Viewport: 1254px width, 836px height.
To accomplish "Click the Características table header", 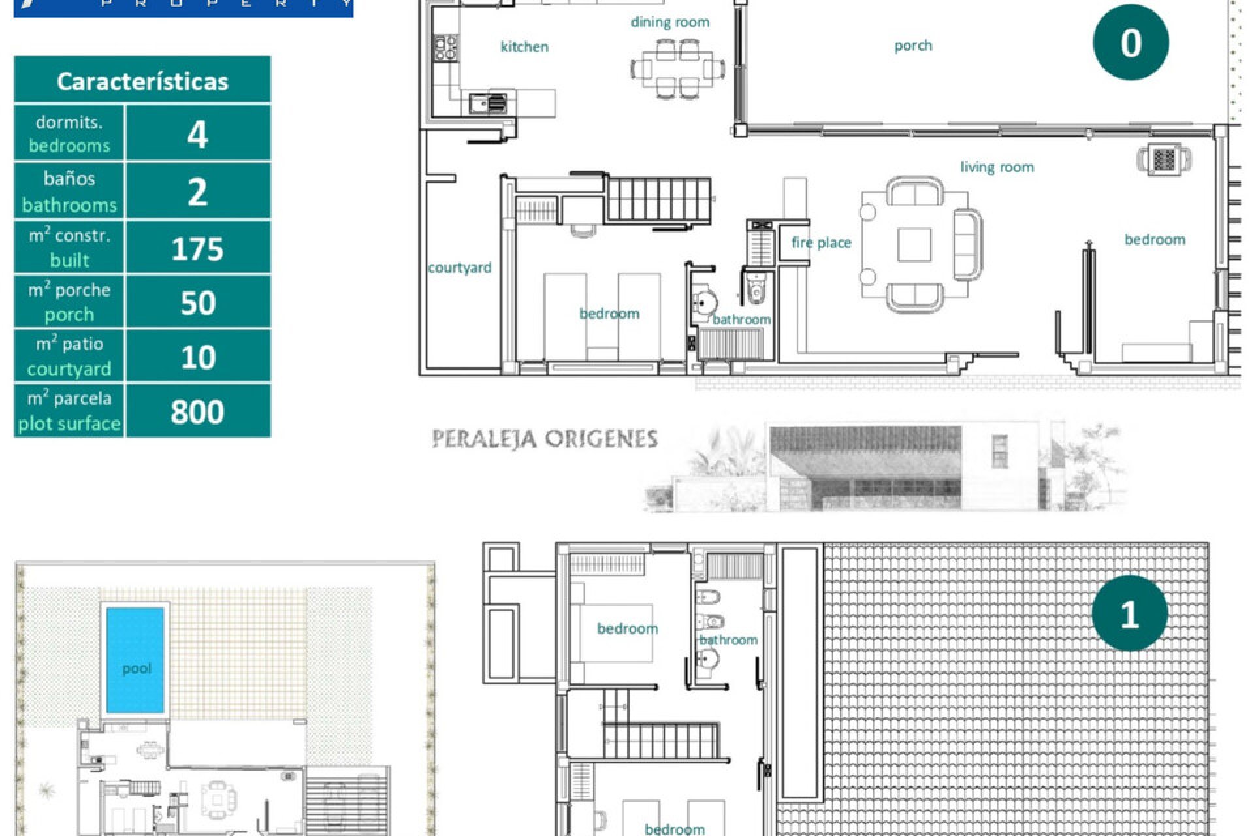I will pos(142,81).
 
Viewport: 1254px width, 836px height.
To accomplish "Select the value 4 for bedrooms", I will pos(197,134).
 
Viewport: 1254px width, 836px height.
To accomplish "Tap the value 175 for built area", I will pos(197,249).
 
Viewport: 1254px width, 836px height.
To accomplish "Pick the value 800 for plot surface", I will pos(197,411).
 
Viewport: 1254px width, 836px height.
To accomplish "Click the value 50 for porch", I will pos(197,303).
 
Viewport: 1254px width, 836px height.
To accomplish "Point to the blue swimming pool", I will pos(135,660).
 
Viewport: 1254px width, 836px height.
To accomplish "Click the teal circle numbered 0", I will pos(1131,42).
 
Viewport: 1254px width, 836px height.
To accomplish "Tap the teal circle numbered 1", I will pos(1129,613).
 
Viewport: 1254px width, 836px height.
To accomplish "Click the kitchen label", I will pos(524,46).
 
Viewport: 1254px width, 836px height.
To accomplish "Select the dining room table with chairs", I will pos(677,68).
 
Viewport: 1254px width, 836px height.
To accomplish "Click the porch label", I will pos(912,46).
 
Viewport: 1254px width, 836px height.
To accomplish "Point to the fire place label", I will pos(821,243).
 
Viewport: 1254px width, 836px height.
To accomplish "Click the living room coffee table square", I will pos(914,244).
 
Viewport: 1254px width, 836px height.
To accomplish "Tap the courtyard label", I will pos(460,268).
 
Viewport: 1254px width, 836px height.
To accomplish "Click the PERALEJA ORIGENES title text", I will pos(545,439).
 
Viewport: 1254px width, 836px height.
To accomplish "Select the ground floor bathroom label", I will pos(741,319).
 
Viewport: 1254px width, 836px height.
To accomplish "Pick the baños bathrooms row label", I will pos(69,191).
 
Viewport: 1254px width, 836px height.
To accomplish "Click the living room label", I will pos(997,167).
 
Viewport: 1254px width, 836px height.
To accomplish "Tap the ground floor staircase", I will pos(658,199).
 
